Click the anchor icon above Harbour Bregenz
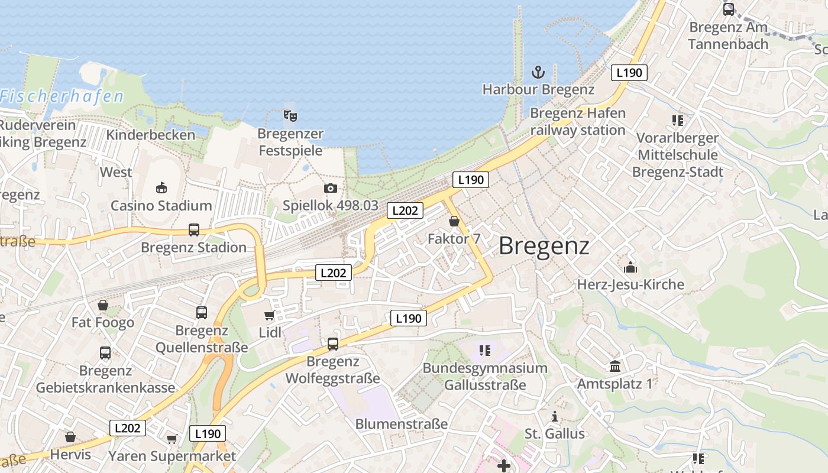coord(538,73)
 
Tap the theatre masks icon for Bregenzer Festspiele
coord(290,115)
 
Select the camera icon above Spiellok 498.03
coord(331,189)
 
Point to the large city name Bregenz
coord(544,246)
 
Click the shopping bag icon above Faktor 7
coord(454,222)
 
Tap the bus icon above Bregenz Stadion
coord(194,230)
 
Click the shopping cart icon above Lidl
coord(270,316)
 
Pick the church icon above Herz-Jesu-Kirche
coord(630,267)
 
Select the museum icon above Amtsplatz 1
coord(615,367)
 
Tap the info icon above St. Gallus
coord(555,417)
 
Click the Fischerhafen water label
coord(62,96)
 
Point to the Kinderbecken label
coord(150,135)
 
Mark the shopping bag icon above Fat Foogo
coord(103,306)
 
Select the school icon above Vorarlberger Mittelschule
coord(678,121)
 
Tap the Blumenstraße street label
coord(402,424)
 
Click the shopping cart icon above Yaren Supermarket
coord(172,439)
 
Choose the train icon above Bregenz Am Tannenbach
coord(729,9)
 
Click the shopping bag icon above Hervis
coord(70,438)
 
